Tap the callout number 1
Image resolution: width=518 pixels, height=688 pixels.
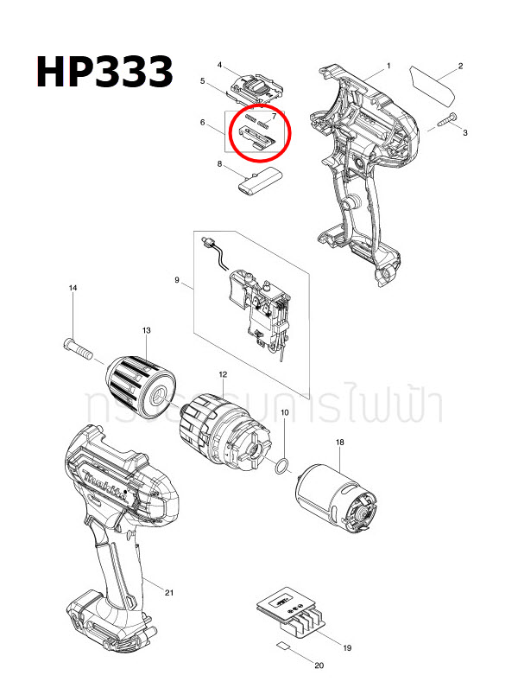pos(388,67)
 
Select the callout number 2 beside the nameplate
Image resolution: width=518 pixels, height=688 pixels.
pos(461,67)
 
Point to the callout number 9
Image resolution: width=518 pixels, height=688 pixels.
pos(177,281)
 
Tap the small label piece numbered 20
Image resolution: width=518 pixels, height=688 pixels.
pos(282,646)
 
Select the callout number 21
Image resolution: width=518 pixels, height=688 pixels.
pos(169,592)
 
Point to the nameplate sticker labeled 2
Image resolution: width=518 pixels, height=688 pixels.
pos(439,84)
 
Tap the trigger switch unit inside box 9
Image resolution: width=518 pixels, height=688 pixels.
pos(259,311)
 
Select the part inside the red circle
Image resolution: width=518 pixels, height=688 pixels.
pos(257,133)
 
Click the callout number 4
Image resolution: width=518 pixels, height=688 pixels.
pos(221,66)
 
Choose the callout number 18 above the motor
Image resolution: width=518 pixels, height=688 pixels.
pos(339,443)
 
